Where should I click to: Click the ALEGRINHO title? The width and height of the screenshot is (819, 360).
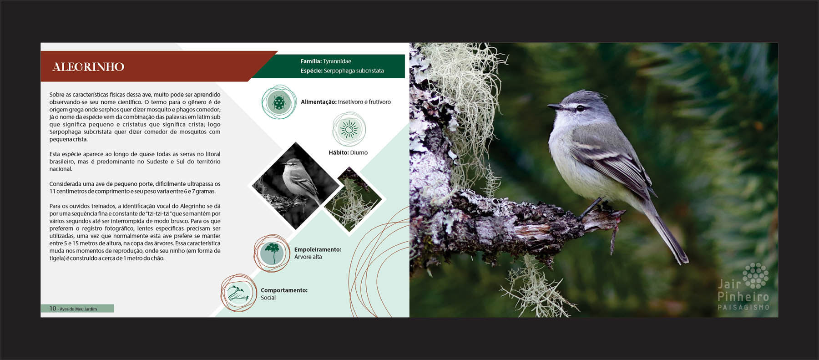pyautogui.click(x=88, y=67)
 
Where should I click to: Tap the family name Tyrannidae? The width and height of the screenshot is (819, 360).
pyautogui.click(x=337, y=61)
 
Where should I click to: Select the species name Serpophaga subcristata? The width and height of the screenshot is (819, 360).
pyautogui.click(x=354, y=71)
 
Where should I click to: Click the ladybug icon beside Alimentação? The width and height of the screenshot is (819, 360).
pyautogui.click(x=278, y=102)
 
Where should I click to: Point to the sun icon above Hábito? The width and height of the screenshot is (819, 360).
pyautogui.click(x=349, y=129)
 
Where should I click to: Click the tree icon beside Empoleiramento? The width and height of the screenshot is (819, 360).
pyautogui.click(x=272, y=253)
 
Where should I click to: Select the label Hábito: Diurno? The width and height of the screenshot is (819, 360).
pyautogui.click(x=348, y=152)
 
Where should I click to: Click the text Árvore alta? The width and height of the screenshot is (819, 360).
pyautogui.click(x=308, y=257)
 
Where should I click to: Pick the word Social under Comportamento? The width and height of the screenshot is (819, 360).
pyautogui.click(x=268, y=298)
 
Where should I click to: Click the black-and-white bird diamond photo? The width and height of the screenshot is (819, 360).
pyautogui.click(x=295, y=186)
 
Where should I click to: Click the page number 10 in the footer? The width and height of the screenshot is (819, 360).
pyautogui.click(x=53, y=309)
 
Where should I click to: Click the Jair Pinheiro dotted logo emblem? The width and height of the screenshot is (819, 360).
pyautogui.click(x=755, y=275)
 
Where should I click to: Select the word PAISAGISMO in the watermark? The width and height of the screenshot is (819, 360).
pyautogui.click(x=743, y=308)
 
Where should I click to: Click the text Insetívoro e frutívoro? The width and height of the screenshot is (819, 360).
pyautogui.click(x=364, y=102)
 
